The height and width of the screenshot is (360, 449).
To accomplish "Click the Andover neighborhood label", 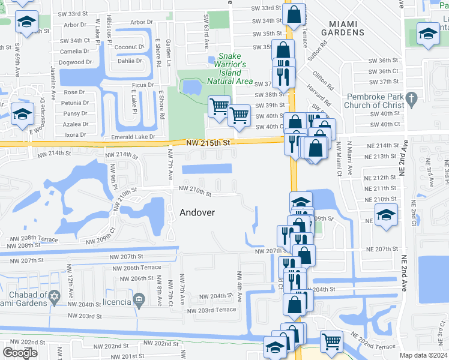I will pyautogui.click(x=197, y=212).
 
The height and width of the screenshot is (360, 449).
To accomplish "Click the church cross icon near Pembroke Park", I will pyautogui.click(x=411, y=98).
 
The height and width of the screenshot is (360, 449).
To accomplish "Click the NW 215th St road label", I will pyautogui.click(x=208, y=143).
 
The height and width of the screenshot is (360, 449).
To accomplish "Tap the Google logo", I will pyautogui.click(x=20, y=353).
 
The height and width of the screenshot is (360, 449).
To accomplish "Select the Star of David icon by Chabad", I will pyautogui.click(x=55, y=297).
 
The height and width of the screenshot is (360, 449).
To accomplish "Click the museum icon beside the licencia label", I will pyautogui.click(x=139, y=299).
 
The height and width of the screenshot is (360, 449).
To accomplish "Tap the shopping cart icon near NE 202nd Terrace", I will pyautogui.click(x=331, y=341).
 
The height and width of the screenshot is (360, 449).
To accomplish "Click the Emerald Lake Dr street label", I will pyautogui.click(x=129, y=137).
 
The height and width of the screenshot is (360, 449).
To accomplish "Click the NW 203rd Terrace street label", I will pyautogui.click(x=211, y=310).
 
